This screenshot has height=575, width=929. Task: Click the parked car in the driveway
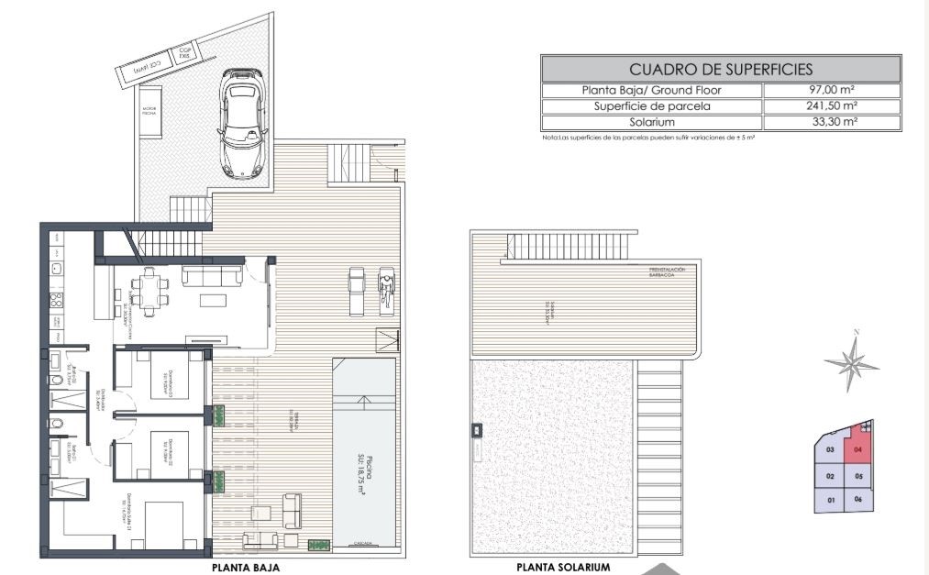[242, 123]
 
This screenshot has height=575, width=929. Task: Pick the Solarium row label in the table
[652, 122]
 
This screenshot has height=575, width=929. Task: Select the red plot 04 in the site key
[858, 448]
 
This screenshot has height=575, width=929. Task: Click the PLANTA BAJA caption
[246, 568]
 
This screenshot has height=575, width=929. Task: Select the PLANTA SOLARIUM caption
[563, 568]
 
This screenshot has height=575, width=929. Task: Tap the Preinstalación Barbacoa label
[667, 271]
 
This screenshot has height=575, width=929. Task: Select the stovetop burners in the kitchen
[55, 300]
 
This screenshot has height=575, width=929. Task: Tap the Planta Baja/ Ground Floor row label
[652, 91]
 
